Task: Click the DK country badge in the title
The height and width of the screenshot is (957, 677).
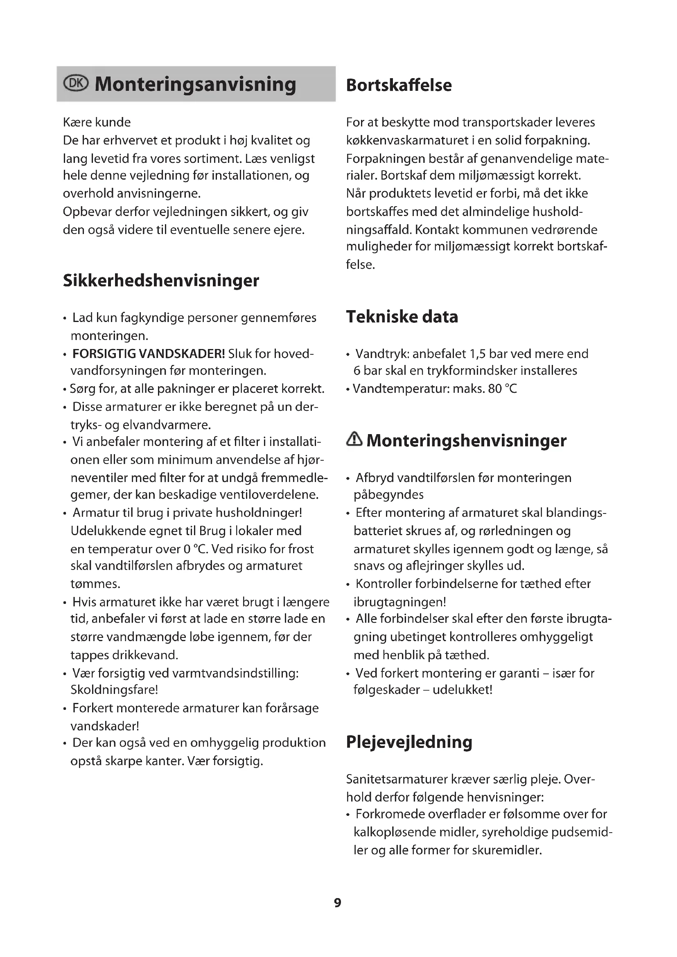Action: pyautogui.click(x=76, y=83)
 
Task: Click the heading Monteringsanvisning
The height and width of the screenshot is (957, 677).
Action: pyautogui.click(x=195, y=84)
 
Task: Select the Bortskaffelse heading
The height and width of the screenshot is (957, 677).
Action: pyautogui.click(x=399, y=85)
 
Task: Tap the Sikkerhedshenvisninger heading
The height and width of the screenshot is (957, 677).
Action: pyautogui.click(x=161, y=281)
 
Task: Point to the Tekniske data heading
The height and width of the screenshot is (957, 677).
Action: pyautogui.click(x=402, y=317)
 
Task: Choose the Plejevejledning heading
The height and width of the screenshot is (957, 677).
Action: pyautogui.click(x=409, y=742)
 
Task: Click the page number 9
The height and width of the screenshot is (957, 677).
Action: pyautogui.click(x=338, y=903)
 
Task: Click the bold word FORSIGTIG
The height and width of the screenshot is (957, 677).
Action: pyautogui.click(x=104, y=354)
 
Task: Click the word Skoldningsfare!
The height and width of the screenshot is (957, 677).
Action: pyautogui.click(x=114, y=689)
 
